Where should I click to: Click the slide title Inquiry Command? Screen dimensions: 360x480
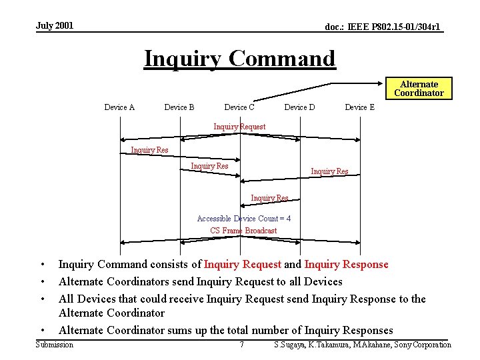click(240, 59)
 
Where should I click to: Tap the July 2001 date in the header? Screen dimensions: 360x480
click(55, 26)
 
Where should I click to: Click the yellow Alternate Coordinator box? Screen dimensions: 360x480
click(419, 89)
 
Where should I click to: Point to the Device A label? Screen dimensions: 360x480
click(119, 107)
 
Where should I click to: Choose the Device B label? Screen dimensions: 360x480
click(179, 107)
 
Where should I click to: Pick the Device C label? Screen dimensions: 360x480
click(239, 107)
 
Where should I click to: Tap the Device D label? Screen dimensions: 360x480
click(299, 107)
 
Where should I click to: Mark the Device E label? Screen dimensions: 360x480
click(359, 107)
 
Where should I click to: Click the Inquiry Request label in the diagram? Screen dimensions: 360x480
click(239, 127)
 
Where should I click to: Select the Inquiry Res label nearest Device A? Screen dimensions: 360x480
click(149, 150)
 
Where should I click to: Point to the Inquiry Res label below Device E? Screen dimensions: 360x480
click(329, 171)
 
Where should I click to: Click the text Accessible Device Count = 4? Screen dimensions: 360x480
click(244, 219)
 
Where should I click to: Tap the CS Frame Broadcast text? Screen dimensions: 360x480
click(243, 231)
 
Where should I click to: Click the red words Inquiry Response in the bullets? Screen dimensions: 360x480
click(347, 265)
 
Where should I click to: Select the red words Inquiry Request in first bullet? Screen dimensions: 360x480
click(243, 265)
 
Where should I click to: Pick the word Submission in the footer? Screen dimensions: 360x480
click(55, 345)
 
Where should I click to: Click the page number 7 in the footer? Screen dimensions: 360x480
click(241, 345)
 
